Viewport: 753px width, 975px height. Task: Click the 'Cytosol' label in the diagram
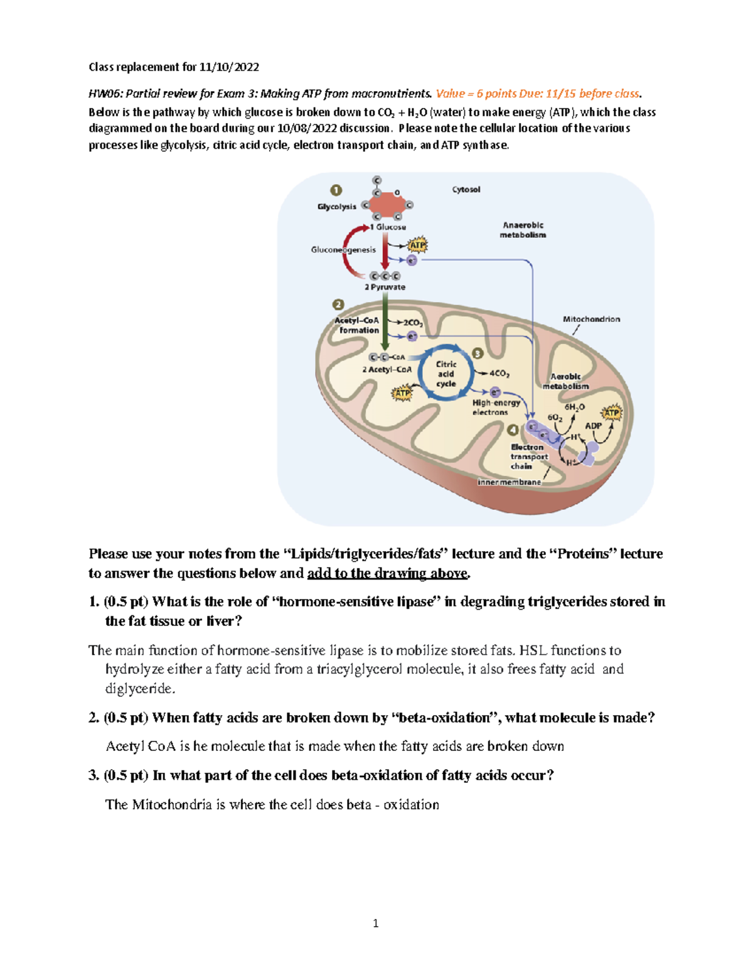[x=466, y=190]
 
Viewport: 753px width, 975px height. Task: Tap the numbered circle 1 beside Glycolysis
[x=336, y=190]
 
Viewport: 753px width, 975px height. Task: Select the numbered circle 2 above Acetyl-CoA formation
[x=338, y=304]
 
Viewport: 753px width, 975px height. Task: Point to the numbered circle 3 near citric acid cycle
[x=478, y=354]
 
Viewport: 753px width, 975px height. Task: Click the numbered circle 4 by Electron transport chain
[x=513, y=430]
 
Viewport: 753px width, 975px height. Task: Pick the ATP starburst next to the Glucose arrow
[x=417, y=245]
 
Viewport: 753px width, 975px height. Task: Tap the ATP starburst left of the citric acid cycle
[x=402, y=394]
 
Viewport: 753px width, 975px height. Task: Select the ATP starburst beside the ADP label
[x=611, y=413]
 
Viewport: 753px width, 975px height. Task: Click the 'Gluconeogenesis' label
[x=343, y=250]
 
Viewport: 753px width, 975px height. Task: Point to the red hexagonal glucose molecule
[x=387, y=205]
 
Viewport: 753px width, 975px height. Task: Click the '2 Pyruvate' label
[x=385, y=287]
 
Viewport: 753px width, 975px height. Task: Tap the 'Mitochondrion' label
[x=591, y=319]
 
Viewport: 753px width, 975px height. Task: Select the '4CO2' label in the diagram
[x=499, y=374]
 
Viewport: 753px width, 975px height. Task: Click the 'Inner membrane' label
[x=509, y=482]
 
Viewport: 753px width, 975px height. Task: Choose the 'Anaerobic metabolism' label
[x=523, y=230]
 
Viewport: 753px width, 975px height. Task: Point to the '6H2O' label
[x=574, y=407]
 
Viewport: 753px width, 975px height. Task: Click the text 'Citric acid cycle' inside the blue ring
[x=446, y=374]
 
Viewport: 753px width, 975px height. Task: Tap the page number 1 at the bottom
[x=375, y=923]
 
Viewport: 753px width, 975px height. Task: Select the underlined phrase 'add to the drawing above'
[x=387, y=573]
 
